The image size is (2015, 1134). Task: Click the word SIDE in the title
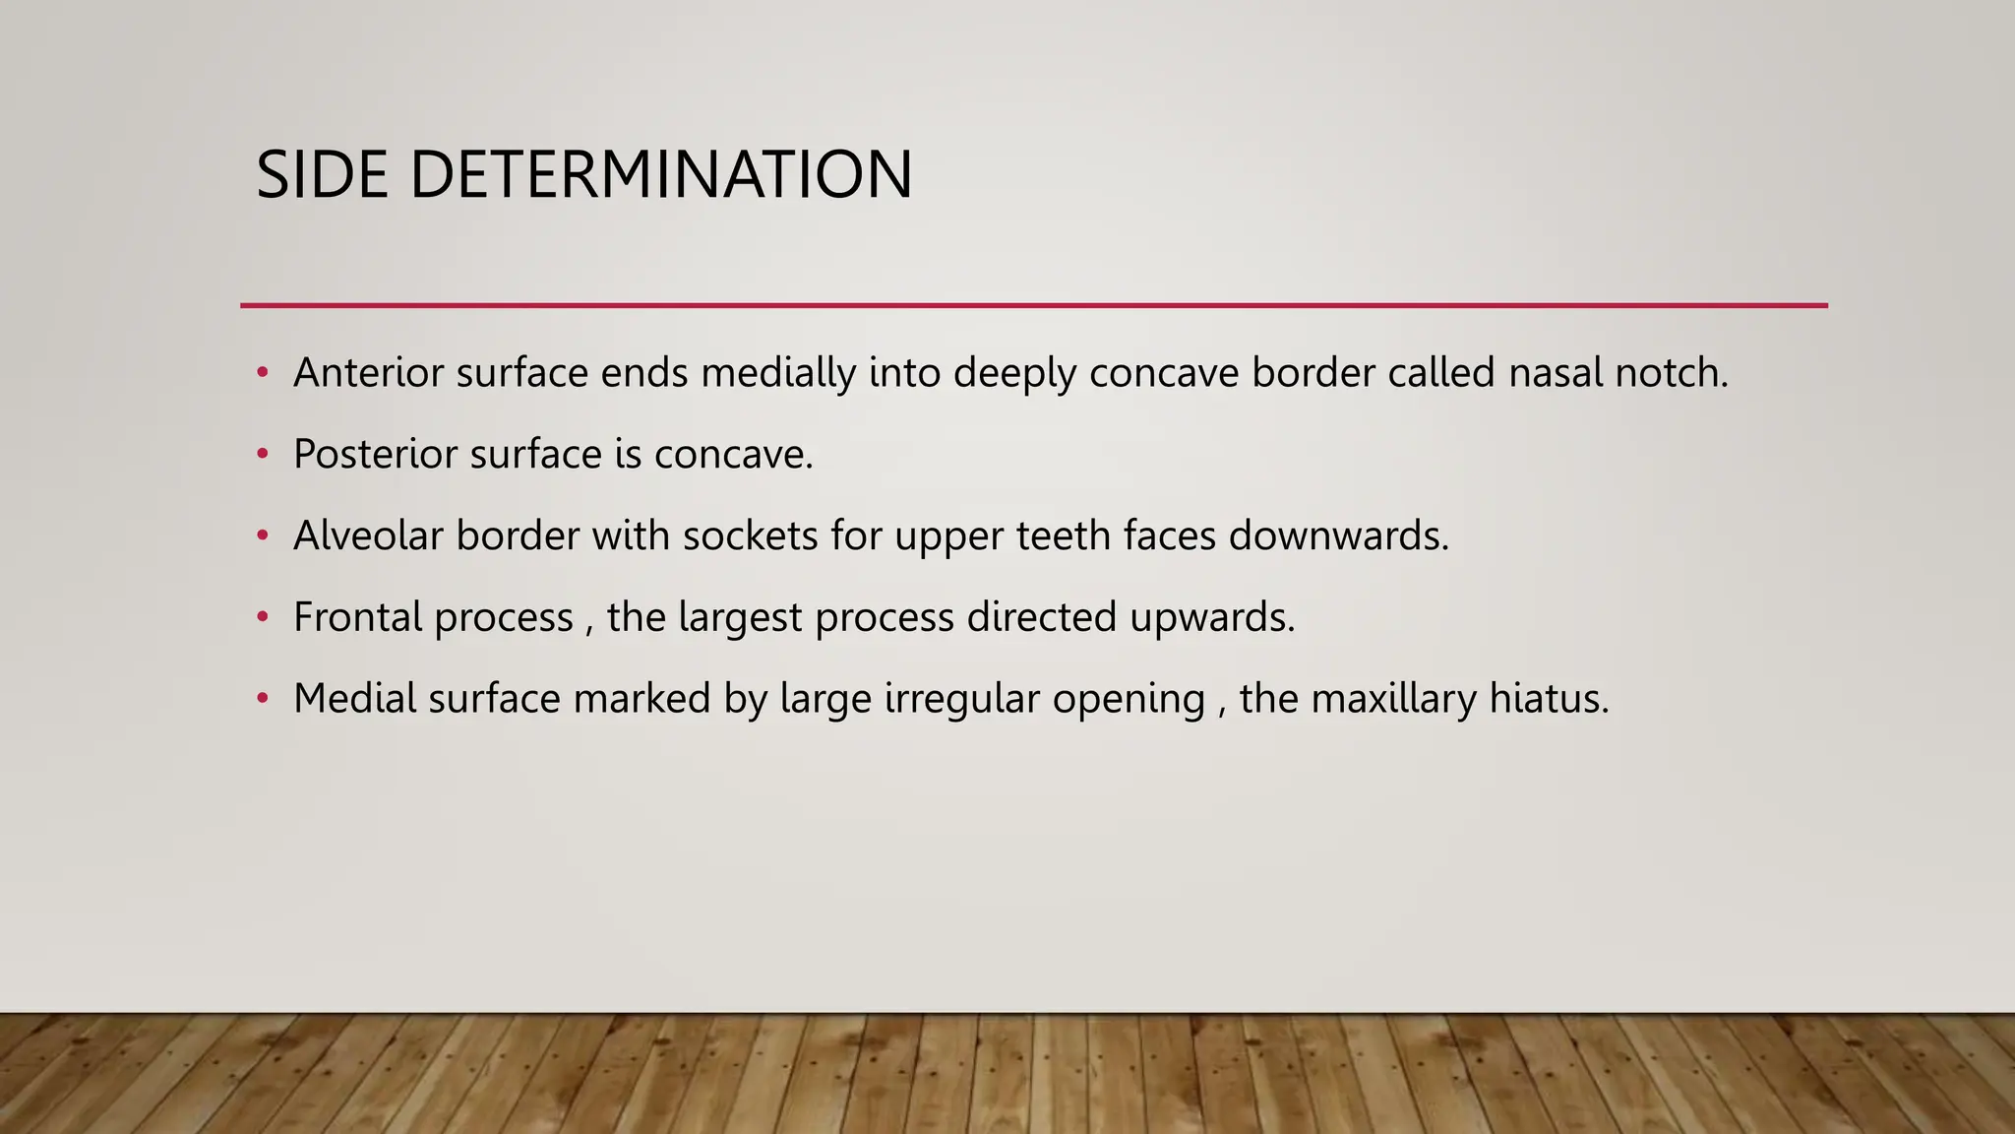point(322,175)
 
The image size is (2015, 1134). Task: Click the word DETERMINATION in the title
point(661,175)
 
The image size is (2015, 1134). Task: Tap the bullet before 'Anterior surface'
point(262,373)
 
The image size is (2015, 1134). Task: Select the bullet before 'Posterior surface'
point(262,455)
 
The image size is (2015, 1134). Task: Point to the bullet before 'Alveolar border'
point(262,536)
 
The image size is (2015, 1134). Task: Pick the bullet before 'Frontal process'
point(262,618)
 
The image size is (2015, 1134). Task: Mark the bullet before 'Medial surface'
point(262,699)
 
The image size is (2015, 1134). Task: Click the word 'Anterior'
point(368,373)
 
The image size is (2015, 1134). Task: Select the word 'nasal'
point(1555,373)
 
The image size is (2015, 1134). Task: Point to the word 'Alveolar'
point(368,536)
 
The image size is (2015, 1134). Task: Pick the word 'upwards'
point(1211,618)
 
